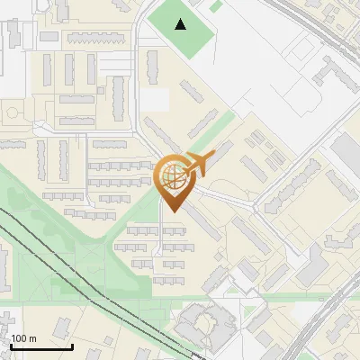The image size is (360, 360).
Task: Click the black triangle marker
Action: coord(181,24)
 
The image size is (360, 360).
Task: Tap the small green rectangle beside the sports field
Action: coord(216,6)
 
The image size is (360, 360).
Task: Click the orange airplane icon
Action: coord(196,164)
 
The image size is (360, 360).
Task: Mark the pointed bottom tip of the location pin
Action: coord(172,212)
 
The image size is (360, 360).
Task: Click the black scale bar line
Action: coord(41,346)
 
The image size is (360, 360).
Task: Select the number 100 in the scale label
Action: coord(20,338)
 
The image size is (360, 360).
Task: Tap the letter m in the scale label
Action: coord(32,338)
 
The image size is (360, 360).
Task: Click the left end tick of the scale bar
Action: coord(12,345)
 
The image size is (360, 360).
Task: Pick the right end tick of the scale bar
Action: coord(72,345)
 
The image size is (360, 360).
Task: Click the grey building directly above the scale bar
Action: coord(8,322)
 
